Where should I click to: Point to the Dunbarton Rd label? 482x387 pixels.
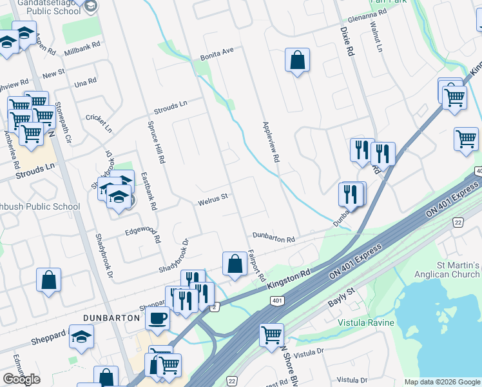[273, 238]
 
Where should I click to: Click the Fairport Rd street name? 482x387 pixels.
[256, 265]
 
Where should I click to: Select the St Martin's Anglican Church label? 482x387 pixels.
[449, 270]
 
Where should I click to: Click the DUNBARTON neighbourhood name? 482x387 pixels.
[111, 318]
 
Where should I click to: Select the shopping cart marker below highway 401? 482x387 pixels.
[272, 334]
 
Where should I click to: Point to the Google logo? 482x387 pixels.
[21, 379]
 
